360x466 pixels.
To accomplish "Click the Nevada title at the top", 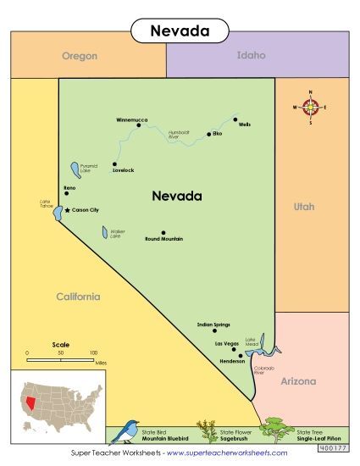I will coord(180,31).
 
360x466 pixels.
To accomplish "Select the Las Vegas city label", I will coord(226,344).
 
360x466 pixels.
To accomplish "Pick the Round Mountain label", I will coord(164,239).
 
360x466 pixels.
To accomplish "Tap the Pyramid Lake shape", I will coord(75,169).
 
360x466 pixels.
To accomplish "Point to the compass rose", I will coord(310,107).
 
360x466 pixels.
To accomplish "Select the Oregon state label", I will coord(80,56).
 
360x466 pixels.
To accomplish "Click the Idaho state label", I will coord(252,55).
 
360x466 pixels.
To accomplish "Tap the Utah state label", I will coord(303,206).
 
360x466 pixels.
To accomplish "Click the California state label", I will coord(78,297).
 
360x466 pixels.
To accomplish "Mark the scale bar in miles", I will coord(60,360).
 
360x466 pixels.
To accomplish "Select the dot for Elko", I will coord(208,134).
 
